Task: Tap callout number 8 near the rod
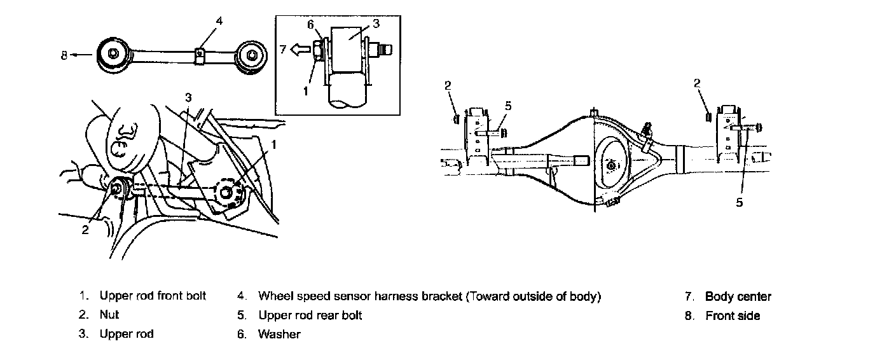(64, 55)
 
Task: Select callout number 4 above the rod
(219, 21)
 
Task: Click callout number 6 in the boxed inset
(310, 24)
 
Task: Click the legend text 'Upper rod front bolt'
(153, 296)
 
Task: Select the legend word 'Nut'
(109, 315)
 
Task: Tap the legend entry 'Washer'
(279, 334)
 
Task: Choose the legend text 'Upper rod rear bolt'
(310, 315)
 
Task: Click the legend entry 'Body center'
(738, 296)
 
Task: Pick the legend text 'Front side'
(733, 315)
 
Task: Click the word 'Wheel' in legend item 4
(273, 296)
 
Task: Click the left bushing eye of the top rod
(113, 54)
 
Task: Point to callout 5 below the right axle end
(739, 202)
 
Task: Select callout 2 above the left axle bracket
(448, 84)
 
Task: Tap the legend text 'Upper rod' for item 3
(127, 334)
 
